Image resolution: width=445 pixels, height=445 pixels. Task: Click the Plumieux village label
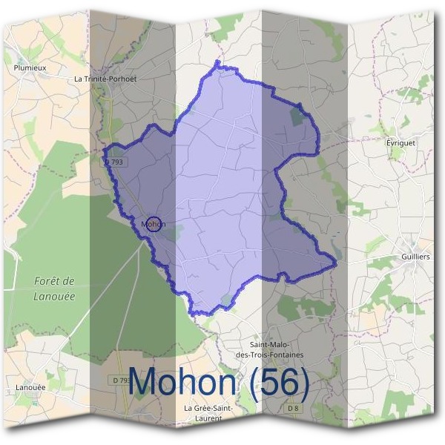coord(30,67)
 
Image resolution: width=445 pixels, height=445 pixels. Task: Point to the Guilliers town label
coord(415,256)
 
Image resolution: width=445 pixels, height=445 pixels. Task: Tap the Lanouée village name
coord(30,387)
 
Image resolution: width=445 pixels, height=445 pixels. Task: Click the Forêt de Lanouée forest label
coord(55,289)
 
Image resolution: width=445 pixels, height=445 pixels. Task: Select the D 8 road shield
coord(295,409)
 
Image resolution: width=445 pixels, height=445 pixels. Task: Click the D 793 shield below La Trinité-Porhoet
coord(113,161)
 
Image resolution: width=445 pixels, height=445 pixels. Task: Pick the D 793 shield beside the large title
coord(121,380)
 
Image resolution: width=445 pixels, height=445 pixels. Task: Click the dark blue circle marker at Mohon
coord(152,223)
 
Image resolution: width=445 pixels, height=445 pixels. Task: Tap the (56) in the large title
coord(280,381)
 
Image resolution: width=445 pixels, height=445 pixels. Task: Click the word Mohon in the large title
coord(189,381)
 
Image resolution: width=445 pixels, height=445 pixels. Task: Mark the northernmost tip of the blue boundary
coord(217,62)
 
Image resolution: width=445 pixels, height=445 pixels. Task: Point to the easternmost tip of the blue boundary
coord(337,262)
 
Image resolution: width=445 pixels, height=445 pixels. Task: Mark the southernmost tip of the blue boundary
coord(197,314)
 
